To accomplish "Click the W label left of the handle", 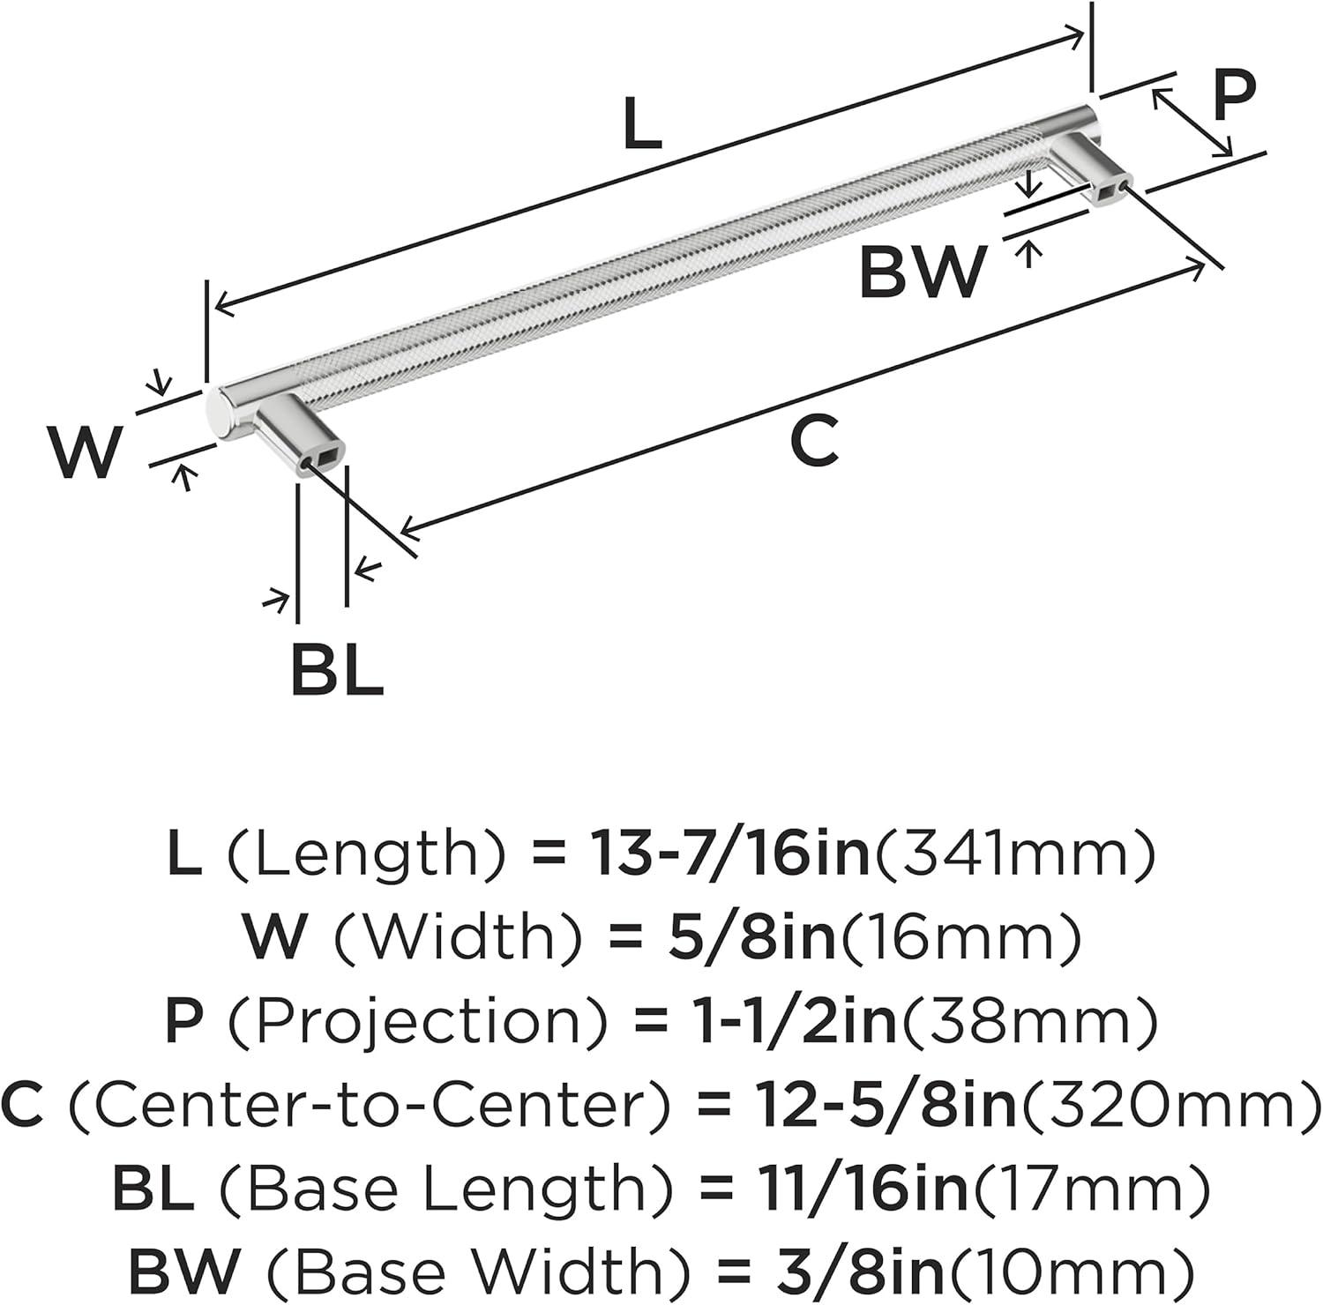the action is pos(85,452).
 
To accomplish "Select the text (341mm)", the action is pos(1013,854).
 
